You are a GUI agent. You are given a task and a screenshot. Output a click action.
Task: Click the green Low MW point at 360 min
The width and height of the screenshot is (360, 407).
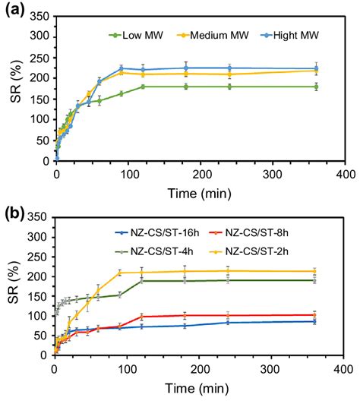click(316, 87)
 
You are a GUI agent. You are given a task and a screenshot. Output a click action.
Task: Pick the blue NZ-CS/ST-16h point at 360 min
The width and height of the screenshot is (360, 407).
click(316, 321)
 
